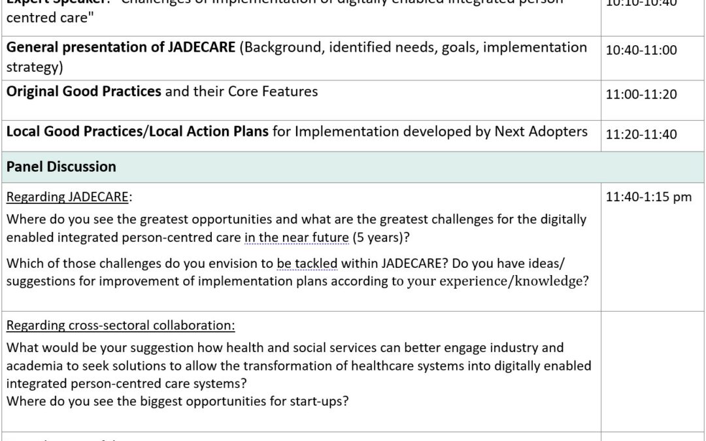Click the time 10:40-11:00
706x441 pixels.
coord(641,50)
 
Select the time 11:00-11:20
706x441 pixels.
coord(641,95)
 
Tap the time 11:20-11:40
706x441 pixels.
coord(641,135)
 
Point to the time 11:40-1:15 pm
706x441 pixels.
coord(648,197)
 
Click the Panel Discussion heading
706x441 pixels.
coord(61,167)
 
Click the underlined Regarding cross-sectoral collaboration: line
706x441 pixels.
coord(121,325)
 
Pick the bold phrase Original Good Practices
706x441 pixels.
coord(84,91)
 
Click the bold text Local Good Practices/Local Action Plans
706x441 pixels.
coord(137,131)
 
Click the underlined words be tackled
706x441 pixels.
coord(307,264)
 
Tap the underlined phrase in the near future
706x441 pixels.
coord(296,238)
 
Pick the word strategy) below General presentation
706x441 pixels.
coord(30,67)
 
